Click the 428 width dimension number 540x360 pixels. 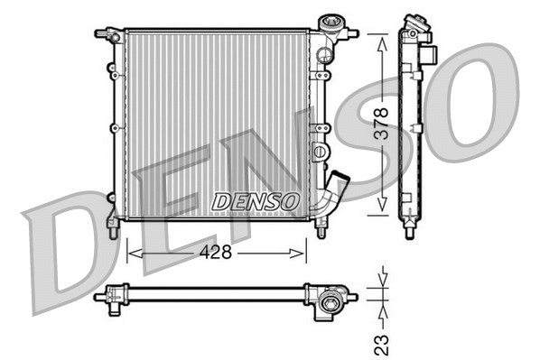217,254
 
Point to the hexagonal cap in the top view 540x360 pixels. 332,296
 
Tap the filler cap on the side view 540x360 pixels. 416,22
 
